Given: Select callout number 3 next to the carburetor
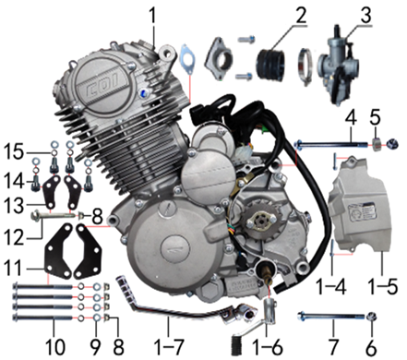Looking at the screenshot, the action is point(365,15).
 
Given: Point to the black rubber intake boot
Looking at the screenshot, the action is point(270,65).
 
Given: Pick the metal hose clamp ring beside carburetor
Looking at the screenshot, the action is point(305,66).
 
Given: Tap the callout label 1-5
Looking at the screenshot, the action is point(382,287).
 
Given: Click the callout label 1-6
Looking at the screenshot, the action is point(267,348).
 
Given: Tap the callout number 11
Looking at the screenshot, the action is point(13,267).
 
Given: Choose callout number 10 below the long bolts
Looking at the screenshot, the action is point(55,347).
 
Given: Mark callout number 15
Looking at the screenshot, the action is point(13,152).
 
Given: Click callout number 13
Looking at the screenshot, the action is point(13,205).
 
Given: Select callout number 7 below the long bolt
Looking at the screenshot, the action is point(333,347).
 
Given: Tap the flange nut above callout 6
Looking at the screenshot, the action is point(371,316).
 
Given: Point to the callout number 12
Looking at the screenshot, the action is point(14,235).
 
